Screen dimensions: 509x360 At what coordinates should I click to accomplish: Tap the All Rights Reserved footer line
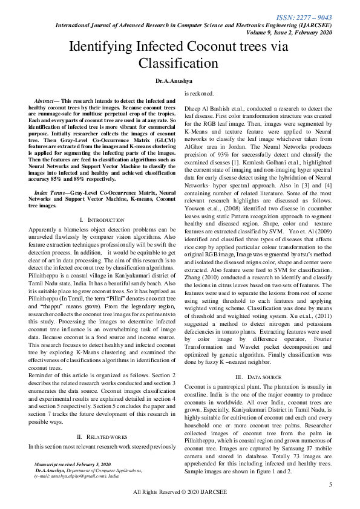(x=180, y=493)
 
